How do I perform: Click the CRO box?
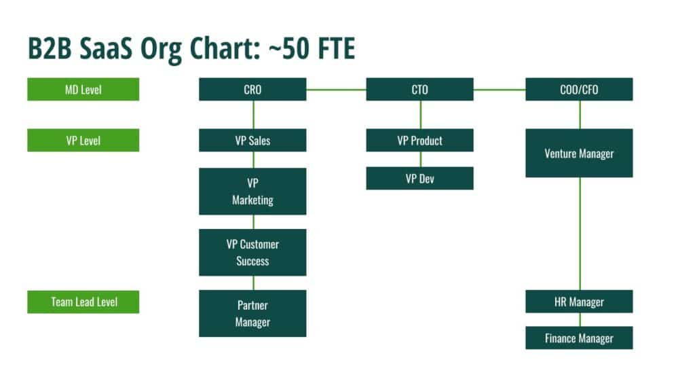[x=252, y=89]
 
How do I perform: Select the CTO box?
[x=419, y=89]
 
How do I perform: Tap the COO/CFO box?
[x=580, y=89]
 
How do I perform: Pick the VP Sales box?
[x=252, y=140]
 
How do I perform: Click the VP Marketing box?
[x=252, y=192]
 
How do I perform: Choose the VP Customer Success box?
[x=252, y=253]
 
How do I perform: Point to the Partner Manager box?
[x=252, y=313]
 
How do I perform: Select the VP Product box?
[x=419, y=140]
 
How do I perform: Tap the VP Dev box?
[x=419, y=179]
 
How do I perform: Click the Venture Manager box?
[x=580, y=153]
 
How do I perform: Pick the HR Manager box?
[x=580, y=302]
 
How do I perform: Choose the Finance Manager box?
[x=580, y=338]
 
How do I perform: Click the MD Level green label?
[x=83, y=89]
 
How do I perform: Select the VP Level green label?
[x=83, y=140]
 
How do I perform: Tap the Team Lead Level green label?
[x=83, y=302]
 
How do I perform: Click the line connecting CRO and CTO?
[x=336, y=90]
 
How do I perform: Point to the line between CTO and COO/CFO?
[x=500, y=90]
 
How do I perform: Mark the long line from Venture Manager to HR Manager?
[x=580, y=234]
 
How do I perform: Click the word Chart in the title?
[x=223, y=48]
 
